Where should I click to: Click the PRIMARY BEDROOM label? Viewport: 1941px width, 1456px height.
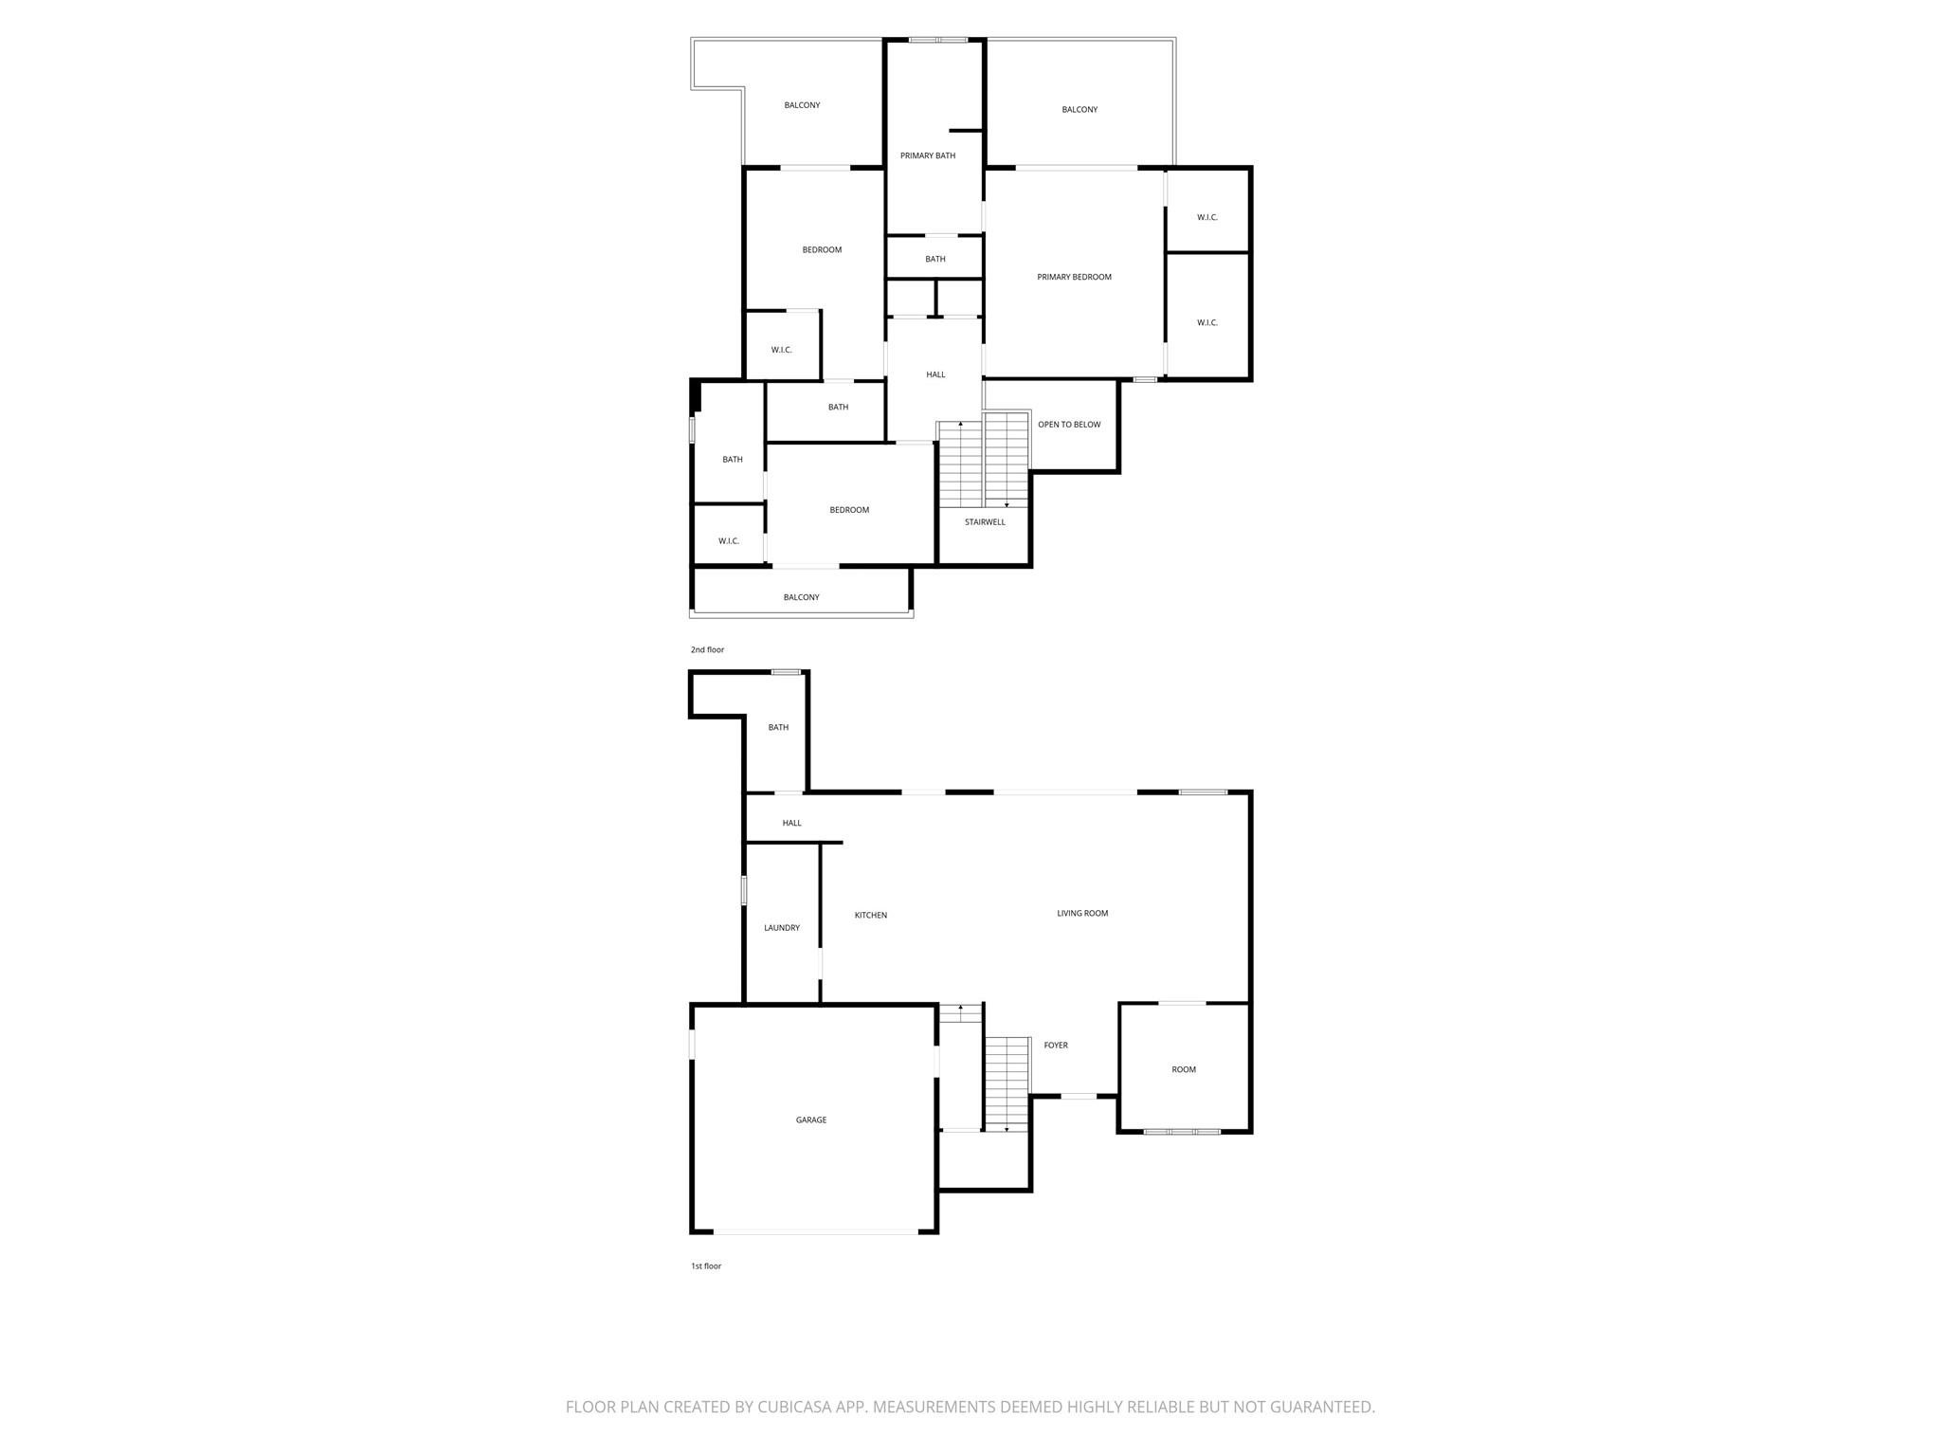1074,277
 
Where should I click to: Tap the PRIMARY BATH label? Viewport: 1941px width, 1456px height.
928,155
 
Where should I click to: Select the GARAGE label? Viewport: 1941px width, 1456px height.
811,1119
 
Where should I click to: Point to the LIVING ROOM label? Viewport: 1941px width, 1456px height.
1082,913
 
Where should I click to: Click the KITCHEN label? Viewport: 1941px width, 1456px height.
871,915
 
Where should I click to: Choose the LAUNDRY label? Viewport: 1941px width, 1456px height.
782,928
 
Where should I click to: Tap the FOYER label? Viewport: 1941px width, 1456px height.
1056,1045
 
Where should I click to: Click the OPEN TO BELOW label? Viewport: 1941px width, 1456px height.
1069,425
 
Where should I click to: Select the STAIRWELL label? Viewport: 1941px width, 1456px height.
985,522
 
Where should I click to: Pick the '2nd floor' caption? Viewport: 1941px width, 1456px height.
707,649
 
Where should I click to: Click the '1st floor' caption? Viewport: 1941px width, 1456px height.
706,1265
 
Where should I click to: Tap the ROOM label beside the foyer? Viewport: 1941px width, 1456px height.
1184,1069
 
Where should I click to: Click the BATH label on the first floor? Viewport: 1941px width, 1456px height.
778,727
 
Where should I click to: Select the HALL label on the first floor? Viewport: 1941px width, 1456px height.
791,823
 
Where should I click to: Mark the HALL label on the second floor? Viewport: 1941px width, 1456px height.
935,374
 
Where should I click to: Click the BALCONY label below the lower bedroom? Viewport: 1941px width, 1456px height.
801,597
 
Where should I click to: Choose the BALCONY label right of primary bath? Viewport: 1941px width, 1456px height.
1079,110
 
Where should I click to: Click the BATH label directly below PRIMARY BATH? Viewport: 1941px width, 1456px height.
935,259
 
